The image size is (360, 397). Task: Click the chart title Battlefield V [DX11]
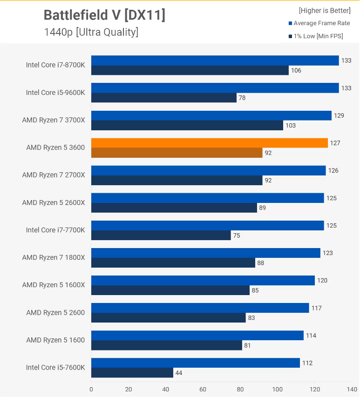104,15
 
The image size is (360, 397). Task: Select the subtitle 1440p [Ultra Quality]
91,32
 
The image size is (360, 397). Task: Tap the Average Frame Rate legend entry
319,23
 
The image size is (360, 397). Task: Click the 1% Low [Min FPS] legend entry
316,36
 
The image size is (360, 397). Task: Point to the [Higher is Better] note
325,11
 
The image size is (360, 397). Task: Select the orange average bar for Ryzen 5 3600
210,143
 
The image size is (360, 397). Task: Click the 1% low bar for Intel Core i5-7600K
132,373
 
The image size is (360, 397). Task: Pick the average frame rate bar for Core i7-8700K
215,61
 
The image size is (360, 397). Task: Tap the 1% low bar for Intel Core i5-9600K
164,98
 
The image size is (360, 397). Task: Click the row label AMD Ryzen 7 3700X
54,120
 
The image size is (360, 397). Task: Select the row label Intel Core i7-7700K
55,230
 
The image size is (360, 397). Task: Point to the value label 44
179,373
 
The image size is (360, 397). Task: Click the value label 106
296,70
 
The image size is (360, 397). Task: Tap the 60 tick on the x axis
203,389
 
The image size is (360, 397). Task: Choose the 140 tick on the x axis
352,389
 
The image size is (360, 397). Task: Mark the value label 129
339,116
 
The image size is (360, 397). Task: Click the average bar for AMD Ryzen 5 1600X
203,281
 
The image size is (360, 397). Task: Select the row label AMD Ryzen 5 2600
55,313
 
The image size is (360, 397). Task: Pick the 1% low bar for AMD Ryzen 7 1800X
173,263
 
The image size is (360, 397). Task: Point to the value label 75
237,236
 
